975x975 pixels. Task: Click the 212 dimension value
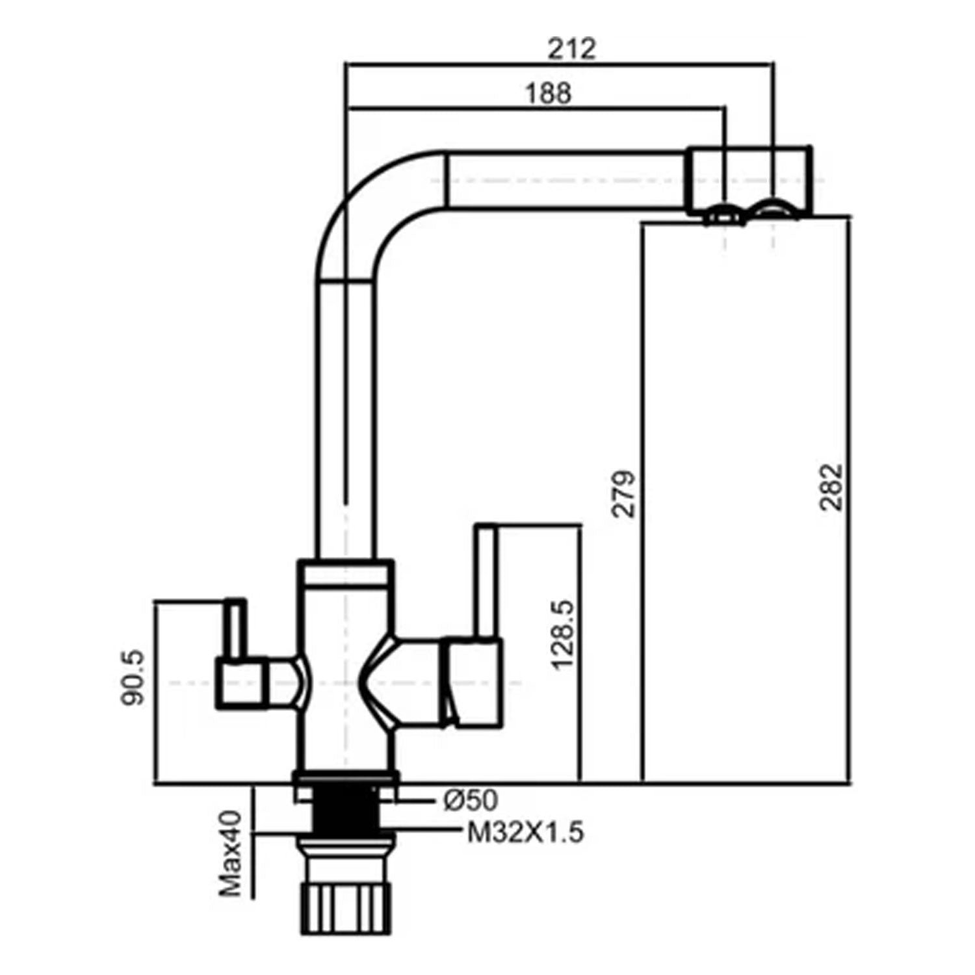click(571, 49)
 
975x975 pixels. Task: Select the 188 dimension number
click(548, 93)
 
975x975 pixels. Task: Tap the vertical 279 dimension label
click(624, 493)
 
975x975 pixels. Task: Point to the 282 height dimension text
click(831, 487)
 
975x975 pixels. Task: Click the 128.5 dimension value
click(562, 634)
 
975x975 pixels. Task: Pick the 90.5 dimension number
click(134, 679)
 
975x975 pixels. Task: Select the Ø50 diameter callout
click(471, 800)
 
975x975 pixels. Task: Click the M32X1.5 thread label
click(525, 833)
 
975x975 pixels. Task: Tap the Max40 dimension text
click(230, 853)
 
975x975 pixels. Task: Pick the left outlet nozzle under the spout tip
click(723, 215)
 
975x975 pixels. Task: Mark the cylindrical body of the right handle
click(471, 682)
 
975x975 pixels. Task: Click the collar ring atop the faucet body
click(345, 573)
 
